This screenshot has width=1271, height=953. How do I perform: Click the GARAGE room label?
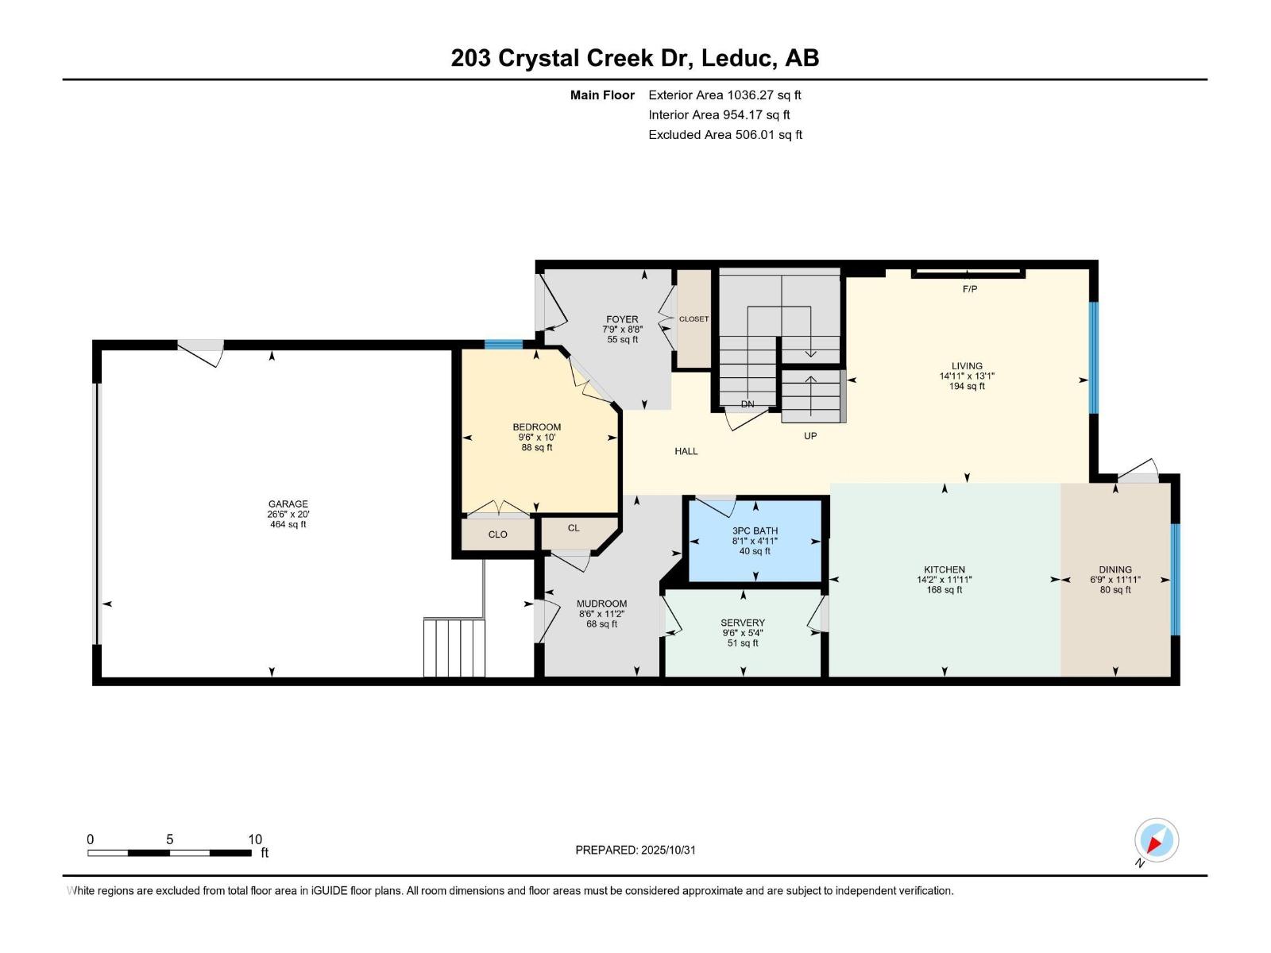(288, 504)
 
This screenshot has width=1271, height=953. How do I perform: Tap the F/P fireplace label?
(969, 289)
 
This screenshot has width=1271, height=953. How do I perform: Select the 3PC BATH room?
(755, 541)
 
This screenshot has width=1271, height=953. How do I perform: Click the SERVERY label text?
(743, 623)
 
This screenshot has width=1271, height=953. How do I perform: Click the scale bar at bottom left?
(169, 853)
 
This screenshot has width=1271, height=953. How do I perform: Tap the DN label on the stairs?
(747, 404)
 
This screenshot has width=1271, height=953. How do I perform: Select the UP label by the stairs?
(810, 436)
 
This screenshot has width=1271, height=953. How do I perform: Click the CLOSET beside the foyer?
(693, 319)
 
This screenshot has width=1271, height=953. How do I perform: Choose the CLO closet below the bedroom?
(497, 534)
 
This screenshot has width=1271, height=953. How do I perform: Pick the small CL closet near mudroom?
(574, 528)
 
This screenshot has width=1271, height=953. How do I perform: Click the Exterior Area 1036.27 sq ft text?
(724, 95)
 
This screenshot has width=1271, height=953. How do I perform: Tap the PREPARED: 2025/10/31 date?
(635, 850)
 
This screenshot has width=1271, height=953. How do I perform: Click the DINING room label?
(1115, 569)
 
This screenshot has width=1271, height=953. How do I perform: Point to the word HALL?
(686, 451)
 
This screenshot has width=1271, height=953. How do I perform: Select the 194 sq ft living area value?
(967, 387)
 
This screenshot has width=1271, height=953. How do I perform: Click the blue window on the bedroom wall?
(504, 344)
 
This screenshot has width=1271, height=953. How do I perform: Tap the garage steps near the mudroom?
(454, 648)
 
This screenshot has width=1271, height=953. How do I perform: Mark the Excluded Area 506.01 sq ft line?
(724, 135)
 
